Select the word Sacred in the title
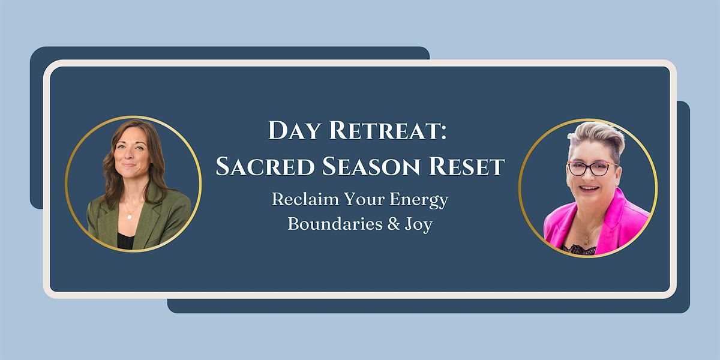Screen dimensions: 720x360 point(265,166)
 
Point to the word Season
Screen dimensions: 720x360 point(371,166)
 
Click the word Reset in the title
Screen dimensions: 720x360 point(466,166)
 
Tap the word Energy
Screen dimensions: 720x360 point(419,200)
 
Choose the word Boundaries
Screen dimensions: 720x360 point(335,224)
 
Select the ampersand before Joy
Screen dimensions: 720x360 point(394,224)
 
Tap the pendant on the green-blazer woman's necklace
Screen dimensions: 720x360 point(130,217)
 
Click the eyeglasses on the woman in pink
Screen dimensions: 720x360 point(592,169)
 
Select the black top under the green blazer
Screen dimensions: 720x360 point(125,241)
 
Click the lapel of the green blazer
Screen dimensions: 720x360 point(149,218)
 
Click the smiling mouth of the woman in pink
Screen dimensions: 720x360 point(589,188)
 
